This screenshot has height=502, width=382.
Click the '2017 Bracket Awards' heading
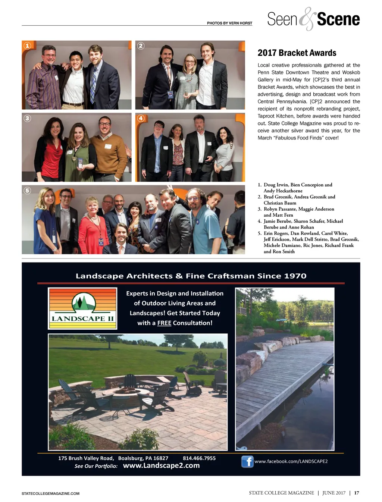297,53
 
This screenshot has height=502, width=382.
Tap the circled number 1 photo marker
27,46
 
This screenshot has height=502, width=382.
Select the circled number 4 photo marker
141,118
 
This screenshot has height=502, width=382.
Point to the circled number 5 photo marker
27,191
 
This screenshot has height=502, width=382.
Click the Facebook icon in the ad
247,462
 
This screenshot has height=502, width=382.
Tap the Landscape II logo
82,308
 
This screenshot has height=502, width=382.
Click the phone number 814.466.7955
199,458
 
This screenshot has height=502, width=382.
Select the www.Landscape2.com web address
161,465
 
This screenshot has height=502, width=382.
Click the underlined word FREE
164,323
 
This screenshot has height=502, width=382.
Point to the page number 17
357,493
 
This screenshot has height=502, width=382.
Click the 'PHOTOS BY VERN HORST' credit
229,23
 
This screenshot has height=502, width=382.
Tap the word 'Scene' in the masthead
338,19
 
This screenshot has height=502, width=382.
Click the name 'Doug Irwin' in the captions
276,185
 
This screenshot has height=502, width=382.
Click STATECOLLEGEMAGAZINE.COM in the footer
50,493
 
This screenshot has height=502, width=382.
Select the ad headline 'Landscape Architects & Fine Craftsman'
191,276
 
